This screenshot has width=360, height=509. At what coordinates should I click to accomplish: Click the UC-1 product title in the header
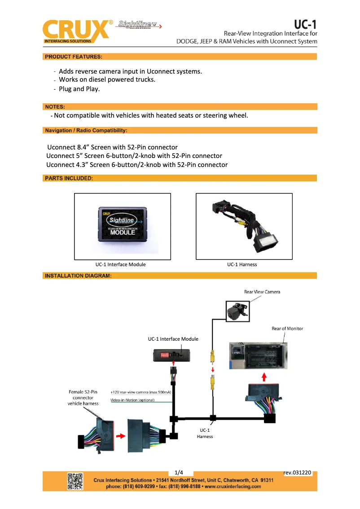tap(305, 24)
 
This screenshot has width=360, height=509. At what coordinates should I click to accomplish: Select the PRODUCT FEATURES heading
tap(73, 57)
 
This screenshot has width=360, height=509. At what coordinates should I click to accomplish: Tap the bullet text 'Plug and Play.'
tap(79, 89)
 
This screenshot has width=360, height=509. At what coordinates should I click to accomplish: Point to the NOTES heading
tap(55, 107)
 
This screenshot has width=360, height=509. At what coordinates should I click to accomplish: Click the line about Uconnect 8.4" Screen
tap(113, 147)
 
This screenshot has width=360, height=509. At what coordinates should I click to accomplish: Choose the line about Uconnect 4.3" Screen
tap(137, 165)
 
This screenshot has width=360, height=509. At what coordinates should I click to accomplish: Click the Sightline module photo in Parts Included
tap(123, 226)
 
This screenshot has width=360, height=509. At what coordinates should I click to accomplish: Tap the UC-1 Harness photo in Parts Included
tap(244, 226)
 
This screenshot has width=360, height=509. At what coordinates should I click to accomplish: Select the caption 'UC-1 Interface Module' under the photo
tap(120, 264)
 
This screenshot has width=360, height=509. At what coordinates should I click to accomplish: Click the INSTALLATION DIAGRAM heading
tap(78, 276)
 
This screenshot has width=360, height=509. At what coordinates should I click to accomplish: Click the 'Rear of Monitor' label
tap(287, 329)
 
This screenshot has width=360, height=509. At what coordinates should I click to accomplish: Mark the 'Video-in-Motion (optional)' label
tap(132, 400)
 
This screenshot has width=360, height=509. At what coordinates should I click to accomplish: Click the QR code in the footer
tap(75, 481)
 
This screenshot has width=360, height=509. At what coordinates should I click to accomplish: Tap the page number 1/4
tap(179, 472)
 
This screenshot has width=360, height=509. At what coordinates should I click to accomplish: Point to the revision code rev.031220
tap(298, 472)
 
